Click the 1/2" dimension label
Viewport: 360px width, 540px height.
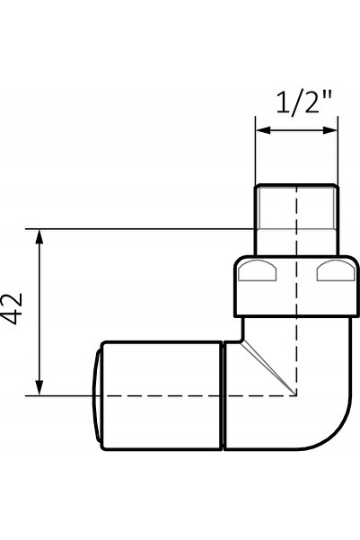(x=304, y=102)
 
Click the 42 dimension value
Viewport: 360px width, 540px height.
(x=13, y=308)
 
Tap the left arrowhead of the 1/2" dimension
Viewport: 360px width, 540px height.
(x=263, y=130)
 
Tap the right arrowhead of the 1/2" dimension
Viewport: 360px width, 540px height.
(x=330, y=130)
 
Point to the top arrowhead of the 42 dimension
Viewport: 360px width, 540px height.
(x=40, y=236)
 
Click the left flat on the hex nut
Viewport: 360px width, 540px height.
(x=257, y=271)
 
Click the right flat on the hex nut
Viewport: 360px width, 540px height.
(x=336, y=271)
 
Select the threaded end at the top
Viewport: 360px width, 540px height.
(x=296, y=220)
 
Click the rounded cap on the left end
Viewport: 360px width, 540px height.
(x=97, y=395)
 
